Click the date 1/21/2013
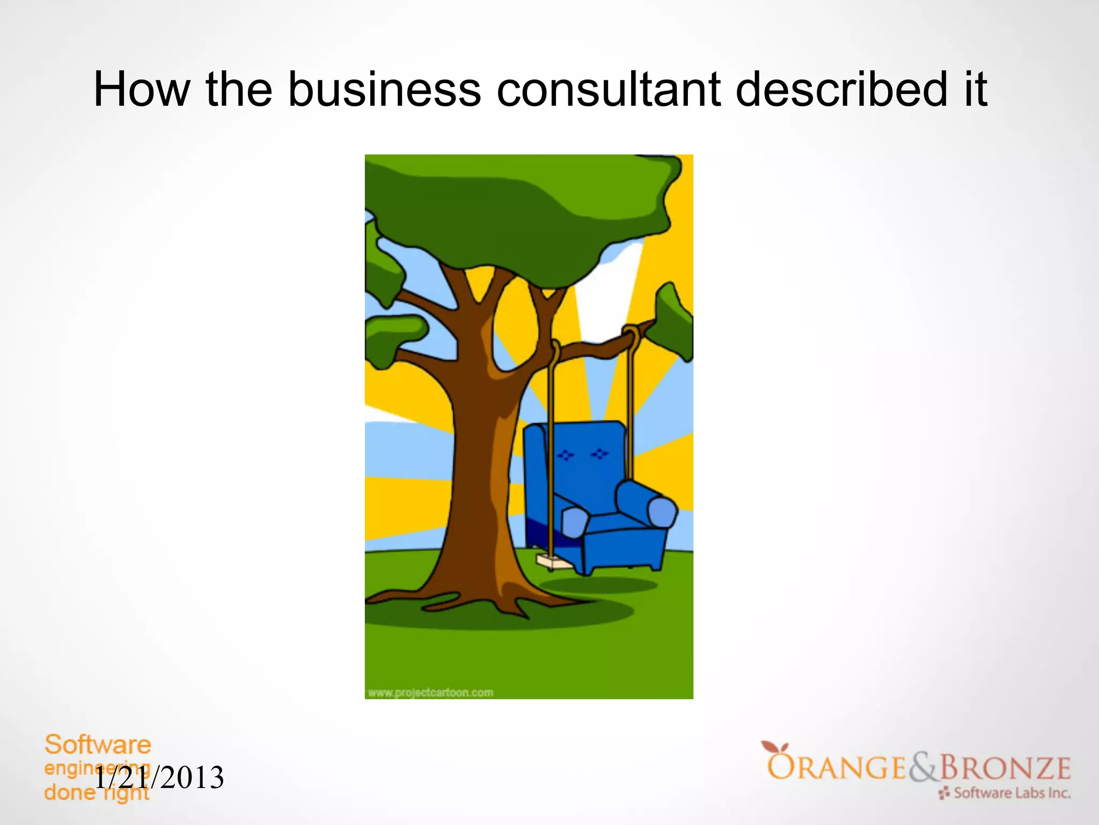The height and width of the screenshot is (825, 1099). point(159,778)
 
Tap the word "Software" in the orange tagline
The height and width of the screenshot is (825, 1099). point(98,745)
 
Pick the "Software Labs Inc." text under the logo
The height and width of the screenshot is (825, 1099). point(1011,793)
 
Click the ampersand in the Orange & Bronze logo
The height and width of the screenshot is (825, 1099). point(922,768)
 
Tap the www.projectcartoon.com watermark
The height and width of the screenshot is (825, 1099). point(430,693)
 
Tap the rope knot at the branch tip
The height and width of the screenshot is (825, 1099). point(631,334)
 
